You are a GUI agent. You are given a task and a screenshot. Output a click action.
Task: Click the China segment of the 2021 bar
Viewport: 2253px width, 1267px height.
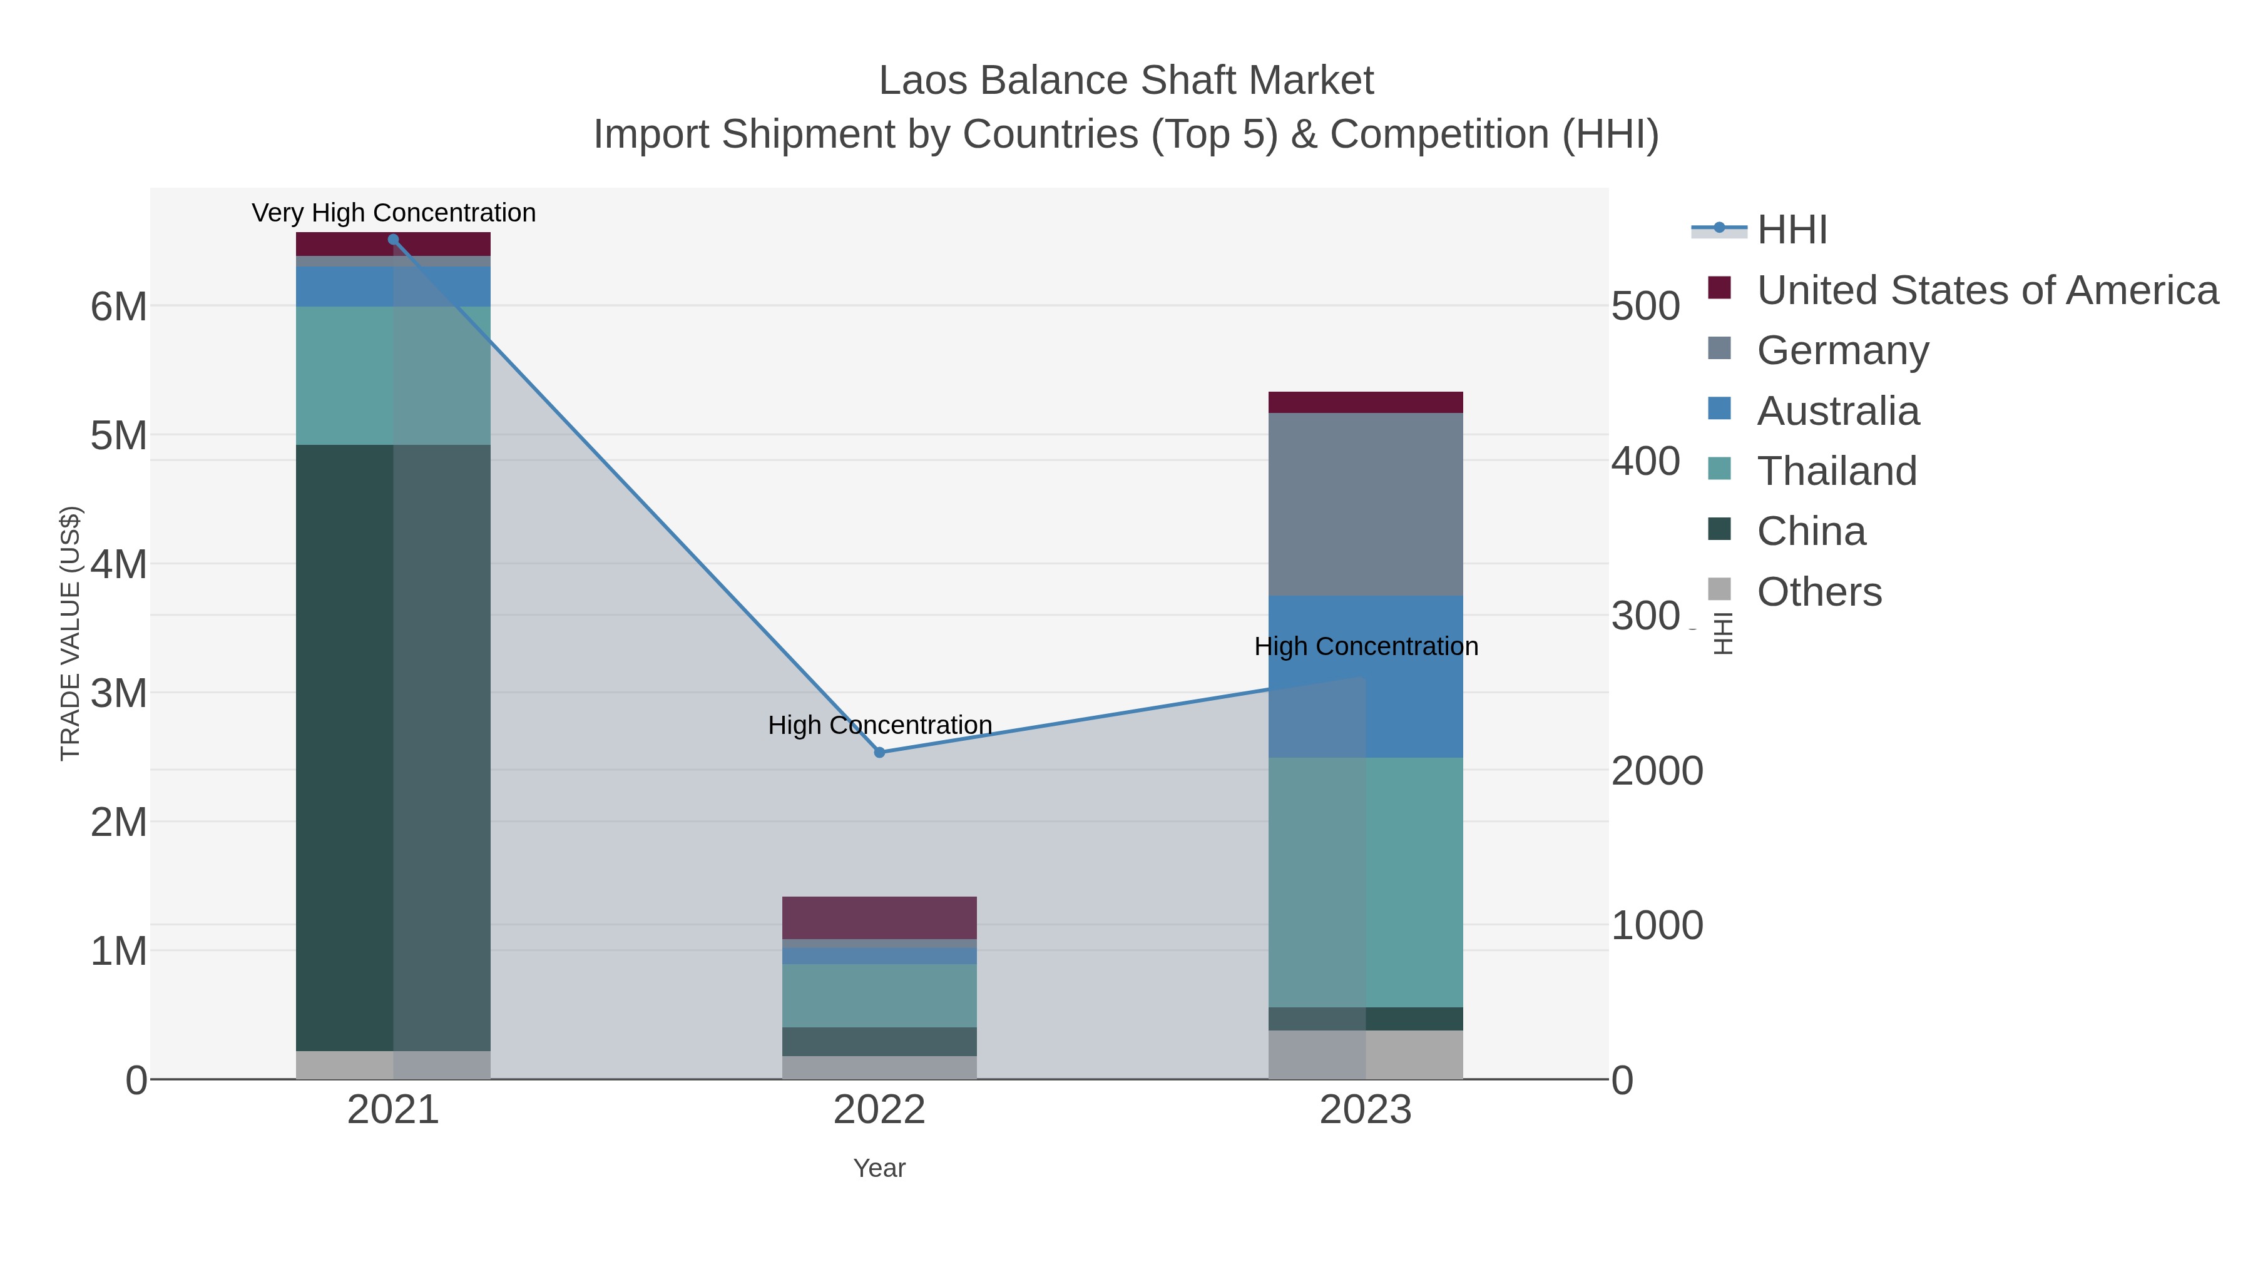pos(392,748)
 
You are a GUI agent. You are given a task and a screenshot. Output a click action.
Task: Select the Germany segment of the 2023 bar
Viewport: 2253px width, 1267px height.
pos(1366,504)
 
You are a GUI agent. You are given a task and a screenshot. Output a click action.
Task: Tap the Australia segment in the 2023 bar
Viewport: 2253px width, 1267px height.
pos(1366,676)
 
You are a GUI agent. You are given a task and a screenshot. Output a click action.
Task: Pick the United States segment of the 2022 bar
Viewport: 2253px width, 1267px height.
pos(879,917)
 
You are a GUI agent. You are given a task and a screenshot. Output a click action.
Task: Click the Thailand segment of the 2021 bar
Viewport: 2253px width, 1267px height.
pos(392,375)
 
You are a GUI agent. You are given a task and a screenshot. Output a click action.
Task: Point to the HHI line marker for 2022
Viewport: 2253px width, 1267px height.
pos(880,752)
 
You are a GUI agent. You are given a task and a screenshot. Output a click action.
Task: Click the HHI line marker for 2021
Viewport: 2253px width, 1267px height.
pos(392,240)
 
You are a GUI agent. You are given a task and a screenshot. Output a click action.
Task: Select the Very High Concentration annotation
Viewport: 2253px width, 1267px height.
pos(394,213)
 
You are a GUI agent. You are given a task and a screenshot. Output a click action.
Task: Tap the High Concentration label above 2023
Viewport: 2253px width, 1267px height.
pos(1366,646)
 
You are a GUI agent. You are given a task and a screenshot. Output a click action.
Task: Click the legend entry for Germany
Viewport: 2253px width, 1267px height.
pos(1842,350)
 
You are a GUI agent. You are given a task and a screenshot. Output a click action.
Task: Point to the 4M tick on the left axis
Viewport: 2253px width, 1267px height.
pos(119,564)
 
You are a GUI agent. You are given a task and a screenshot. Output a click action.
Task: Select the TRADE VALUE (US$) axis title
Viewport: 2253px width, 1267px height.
pos(70,633)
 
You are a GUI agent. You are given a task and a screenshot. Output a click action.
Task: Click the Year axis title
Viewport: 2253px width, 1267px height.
pos(879,1168)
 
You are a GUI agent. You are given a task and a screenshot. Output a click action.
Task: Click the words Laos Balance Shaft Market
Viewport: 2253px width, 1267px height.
pos(1126,81)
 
